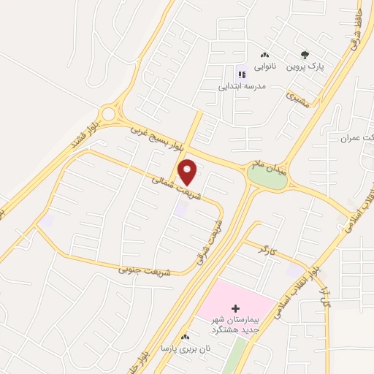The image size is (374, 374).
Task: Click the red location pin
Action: tap(188, 172)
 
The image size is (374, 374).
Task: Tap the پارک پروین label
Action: tap(305, 66)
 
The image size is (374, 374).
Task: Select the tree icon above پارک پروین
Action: tap(305, 54)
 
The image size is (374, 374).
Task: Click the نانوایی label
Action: tap(264, 66)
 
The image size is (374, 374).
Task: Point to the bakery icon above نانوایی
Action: tap(264, 55)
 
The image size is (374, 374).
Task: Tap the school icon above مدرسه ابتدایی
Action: tap(242, 73)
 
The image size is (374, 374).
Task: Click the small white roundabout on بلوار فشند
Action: tap(110, 114)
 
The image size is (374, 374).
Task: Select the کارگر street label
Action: tap(268, 249)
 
